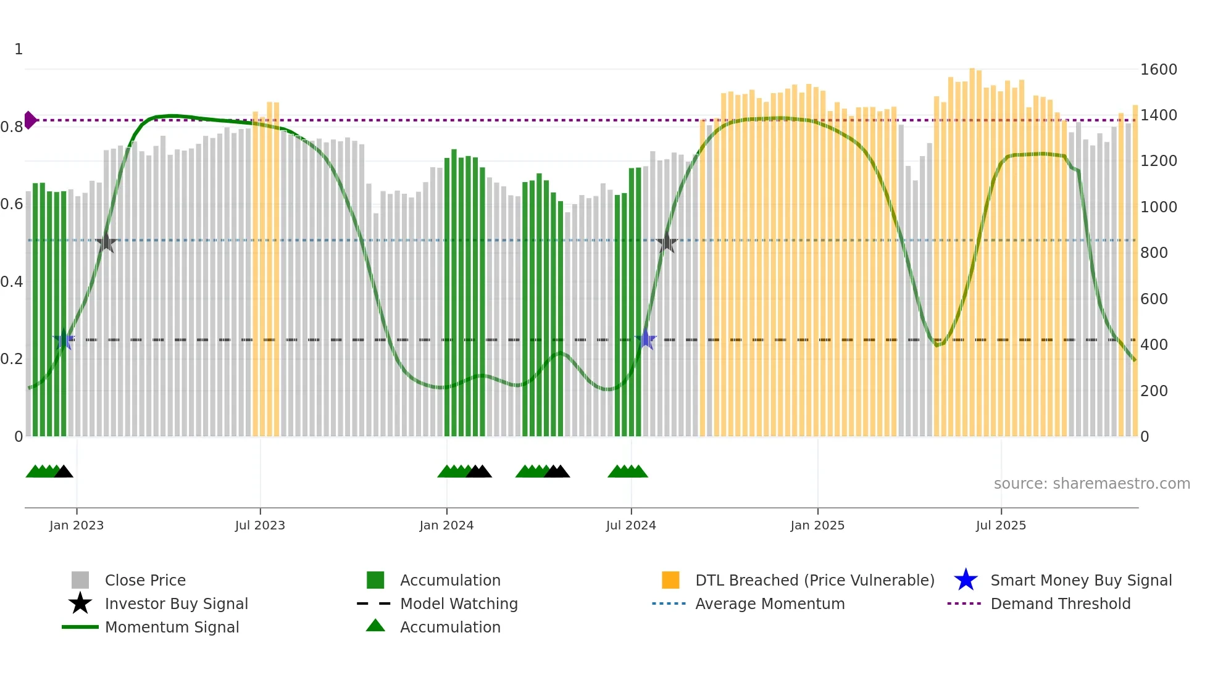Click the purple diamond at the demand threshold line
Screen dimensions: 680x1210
[x=30, y=120]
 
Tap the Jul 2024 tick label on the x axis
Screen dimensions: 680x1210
[x=631, y=526]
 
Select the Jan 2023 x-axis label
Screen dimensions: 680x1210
[x=77, y=526]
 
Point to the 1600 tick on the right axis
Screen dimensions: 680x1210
[x=1158, y=70]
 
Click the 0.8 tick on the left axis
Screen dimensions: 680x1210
[x=12, y=127]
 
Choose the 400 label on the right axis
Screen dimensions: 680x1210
[x=1154, y=345]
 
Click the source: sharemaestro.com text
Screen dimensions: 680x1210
[x=1091, y=484]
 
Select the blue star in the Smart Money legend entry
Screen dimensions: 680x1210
[x=966, y=580]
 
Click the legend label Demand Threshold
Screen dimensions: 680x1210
[x=1060, y=604]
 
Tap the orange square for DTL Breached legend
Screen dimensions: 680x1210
[x=670, y=580]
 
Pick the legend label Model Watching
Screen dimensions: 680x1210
[x=459, y=604]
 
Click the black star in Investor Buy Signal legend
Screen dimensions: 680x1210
[x=80, y=603]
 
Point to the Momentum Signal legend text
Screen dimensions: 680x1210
[x=172, y=628]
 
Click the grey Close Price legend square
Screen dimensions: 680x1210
[x=80, y=580]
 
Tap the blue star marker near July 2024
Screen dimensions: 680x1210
[x=646, y=339]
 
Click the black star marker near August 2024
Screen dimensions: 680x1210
[x=667, y=243]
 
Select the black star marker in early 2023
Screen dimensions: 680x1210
[x=106, y=243]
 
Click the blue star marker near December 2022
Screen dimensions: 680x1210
[x=64, y=339]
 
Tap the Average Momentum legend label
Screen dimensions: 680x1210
[x=770, y=604]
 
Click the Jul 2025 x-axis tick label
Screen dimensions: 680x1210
[x=1001, y=526]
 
